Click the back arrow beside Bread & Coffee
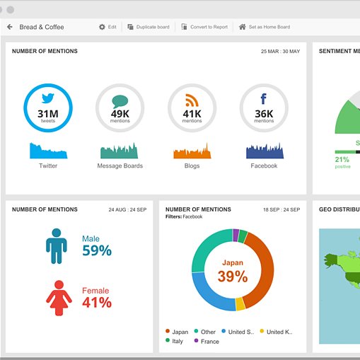click(10, 27)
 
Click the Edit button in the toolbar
click(108, 27)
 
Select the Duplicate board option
click(149, 27)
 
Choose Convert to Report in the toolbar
click(204, 27)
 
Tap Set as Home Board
click(265, 27)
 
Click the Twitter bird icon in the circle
click(48, 99)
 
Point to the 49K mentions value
click(120, 113)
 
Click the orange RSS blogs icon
click(192, 100)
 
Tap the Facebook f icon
click(264, 99)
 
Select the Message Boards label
click(120, 166)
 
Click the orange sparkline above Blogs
click(192, 151)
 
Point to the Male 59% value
click(97, 250)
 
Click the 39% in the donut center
click(232, 277)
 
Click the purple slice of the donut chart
click(236, 236)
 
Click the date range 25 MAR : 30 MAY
click(280, 52)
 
